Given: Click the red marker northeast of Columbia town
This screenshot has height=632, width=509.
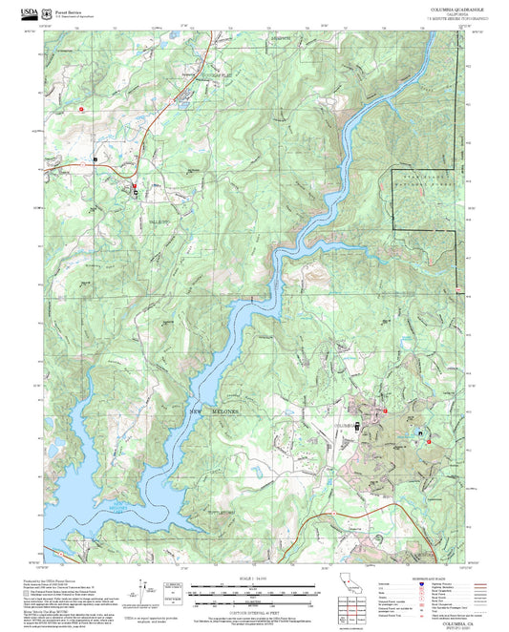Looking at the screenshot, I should coord(386,411).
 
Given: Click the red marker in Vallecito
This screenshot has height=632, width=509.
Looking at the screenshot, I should coord(135,186).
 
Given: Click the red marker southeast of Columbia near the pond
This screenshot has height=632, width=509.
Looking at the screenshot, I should coord(429,441).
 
